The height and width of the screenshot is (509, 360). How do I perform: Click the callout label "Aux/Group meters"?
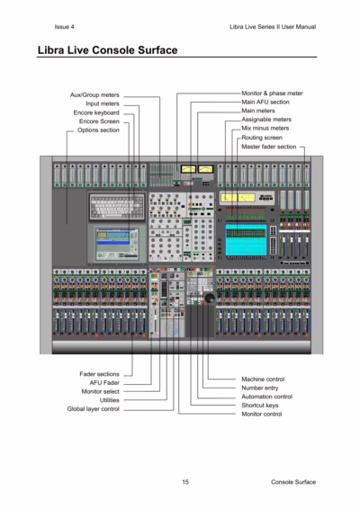[x=94, y=94]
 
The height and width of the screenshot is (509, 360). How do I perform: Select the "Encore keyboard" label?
[x=96, y=112]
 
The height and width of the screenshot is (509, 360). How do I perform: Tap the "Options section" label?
[x=98, y=130]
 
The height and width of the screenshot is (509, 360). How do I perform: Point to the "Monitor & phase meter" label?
[x=272, y=94]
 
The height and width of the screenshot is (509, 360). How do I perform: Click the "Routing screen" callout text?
[x=262, y=138]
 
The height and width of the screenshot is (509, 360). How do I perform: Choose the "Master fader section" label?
[x=269, y=147]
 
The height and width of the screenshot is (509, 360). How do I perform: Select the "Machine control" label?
[x=263, y=380]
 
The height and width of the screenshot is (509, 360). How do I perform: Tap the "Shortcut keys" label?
[x=259, y=406]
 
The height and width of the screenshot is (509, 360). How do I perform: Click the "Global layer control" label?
[x=94, y=409]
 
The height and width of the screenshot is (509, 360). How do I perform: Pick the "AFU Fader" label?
[x=104, y=383]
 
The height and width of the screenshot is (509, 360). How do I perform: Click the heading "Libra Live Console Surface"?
[x=107, y=50]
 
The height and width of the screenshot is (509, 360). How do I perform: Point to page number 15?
[x=185, y=482]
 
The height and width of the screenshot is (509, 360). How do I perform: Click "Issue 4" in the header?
[x=64, y=27]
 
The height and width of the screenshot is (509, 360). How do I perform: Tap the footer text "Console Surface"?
[x=293, y=482]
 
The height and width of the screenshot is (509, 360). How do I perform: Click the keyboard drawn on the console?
[x=117, y=206]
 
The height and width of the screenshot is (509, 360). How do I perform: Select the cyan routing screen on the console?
[x=246, y=239]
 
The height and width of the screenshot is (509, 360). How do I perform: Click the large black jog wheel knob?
[x=210, y=298]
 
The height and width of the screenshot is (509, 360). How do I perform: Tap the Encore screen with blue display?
[x=117, y=244]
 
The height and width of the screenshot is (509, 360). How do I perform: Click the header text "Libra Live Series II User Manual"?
[x=273, y=27]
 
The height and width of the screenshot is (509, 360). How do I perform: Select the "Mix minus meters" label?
[x=265, y=129]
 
